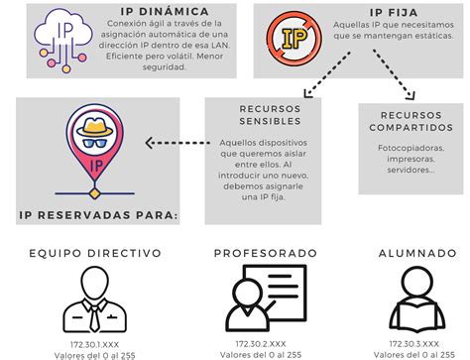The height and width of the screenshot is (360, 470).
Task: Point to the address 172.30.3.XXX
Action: coord(411,342)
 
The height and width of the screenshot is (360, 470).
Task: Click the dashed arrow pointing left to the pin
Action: coord(174,141)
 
